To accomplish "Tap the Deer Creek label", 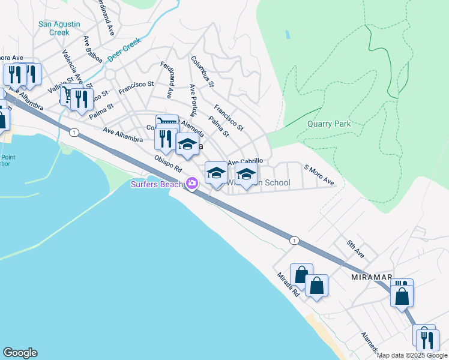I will [124, 50].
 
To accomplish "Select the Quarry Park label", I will [328, 124].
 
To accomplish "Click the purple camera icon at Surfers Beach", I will [192, 184].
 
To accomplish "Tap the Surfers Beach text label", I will [156, 184].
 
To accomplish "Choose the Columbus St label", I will [202, 71].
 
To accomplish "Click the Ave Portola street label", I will [193, 100].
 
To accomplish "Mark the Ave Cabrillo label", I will [245, 161].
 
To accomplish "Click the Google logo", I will [20, 353].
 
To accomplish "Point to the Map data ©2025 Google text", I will [412, 355].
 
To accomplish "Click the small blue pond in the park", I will [288, 34].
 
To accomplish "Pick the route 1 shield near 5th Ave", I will [294, 241].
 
